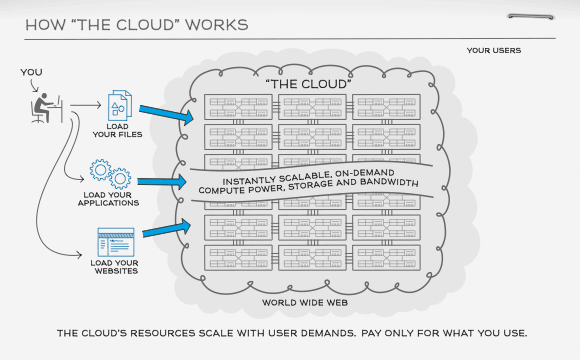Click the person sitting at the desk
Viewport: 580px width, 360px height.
[x=43, y=106]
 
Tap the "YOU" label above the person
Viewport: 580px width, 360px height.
[x=31, y=72]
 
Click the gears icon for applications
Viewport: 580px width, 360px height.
[x=109, y=173]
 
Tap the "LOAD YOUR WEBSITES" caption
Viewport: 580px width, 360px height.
[x=113, y=268]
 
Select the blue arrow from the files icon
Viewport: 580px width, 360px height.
[x=165, y=114]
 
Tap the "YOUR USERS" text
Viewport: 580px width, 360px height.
[x=493, y=50]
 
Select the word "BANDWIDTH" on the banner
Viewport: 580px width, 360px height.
[x=386, y=179]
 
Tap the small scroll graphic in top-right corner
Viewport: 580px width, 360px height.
[x=531, y=17]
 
